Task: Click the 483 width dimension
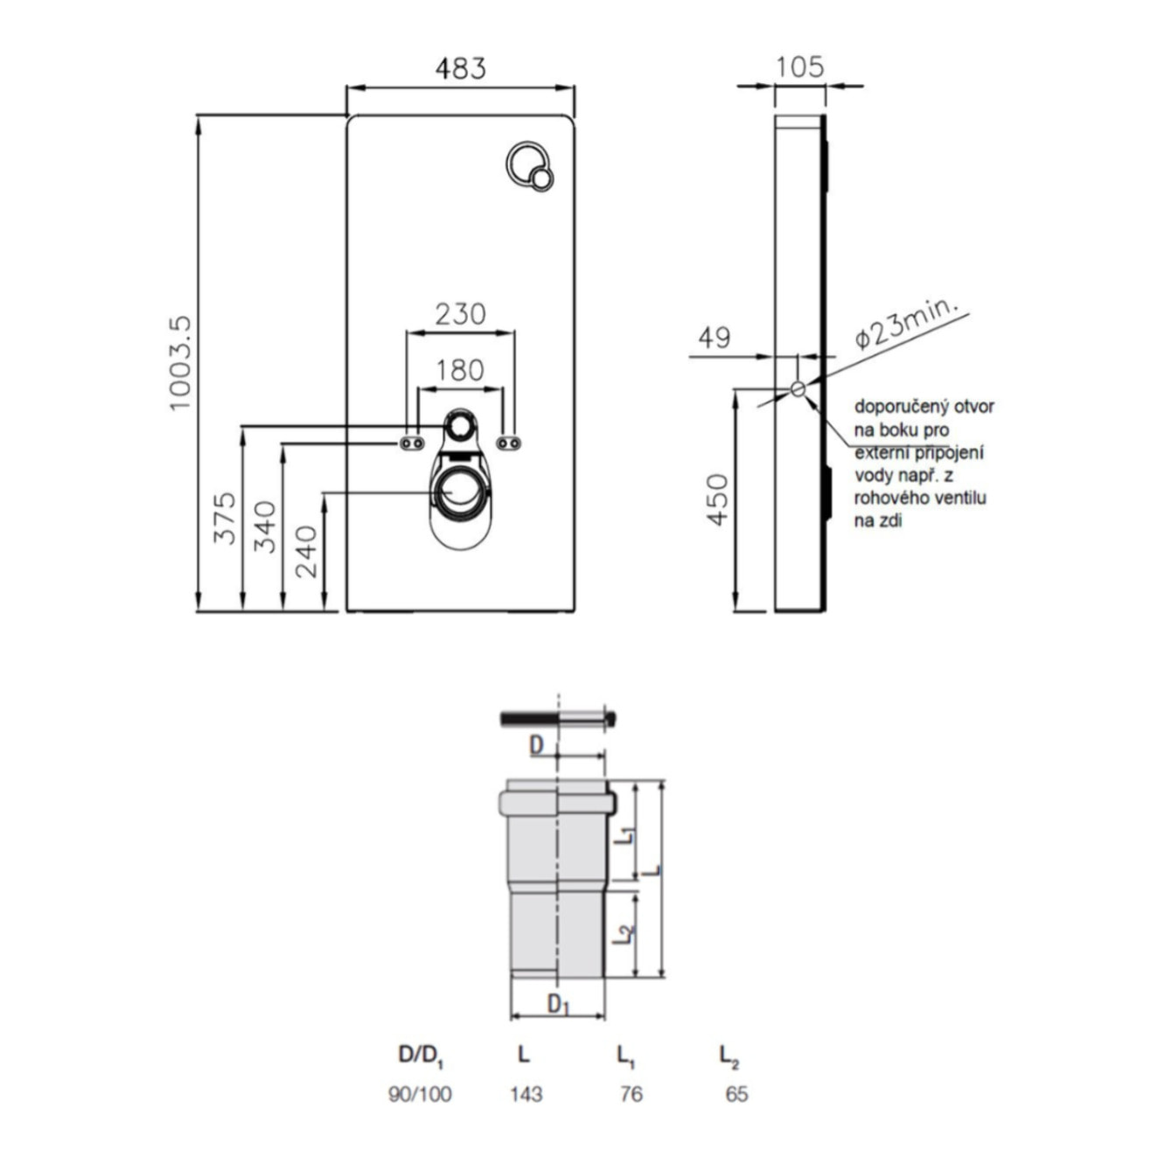[x=460, y=68]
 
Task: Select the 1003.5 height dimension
[x=179, y=363]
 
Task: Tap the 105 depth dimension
[x=799, y=66]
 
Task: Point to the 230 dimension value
[x=460, y=313]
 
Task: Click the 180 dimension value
[x=460, y=370]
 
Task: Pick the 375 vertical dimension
[x=225, y=518]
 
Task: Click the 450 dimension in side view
[x=717, y=499]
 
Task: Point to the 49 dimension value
[x=714, y=338]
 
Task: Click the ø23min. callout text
[x=905, y=323]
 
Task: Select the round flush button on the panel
[x=530, y=165]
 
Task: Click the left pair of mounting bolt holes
[x=412, y=443]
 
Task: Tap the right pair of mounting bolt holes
[x=509, y=443]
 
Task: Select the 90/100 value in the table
[x=420, y=1094]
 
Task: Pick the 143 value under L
[x=526, y=1094]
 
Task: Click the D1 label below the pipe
[x=558, y=1005]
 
